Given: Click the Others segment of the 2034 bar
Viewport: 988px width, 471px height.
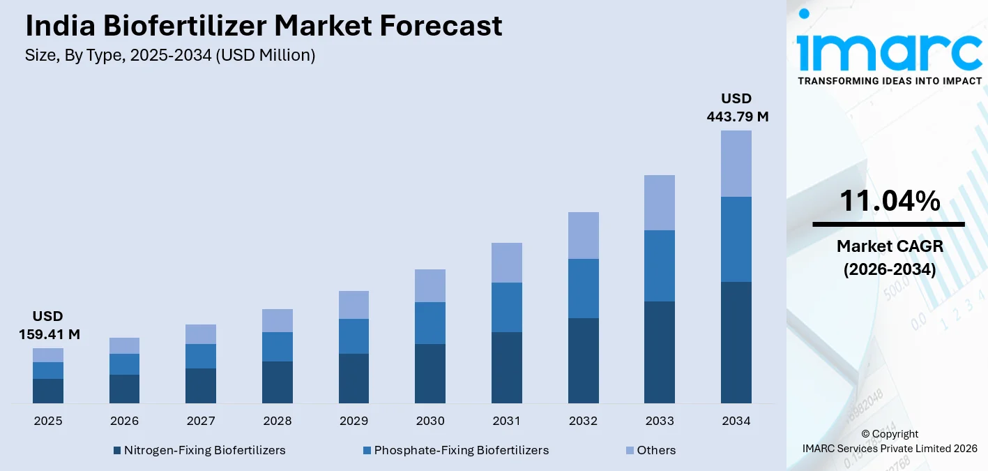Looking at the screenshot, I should coord(736,163).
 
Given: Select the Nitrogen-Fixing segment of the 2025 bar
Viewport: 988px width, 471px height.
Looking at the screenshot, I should coord(48,391).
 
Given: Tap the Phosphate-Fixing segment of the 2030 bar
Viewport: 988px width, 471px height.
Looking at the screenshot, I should coord(430,322).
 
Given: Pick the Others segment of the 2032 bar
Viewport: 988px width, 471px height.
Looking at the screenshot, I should coord(584,235).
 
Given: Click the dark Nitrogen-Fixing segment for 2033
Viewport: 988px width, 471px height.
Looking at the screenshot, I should coord(660,352).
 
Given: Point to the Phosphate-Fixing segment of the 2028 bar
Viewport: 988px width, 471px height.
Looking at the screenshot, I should coord(278,346).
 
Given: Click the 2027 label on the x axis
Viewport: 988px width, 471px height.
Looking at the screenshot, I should coord(201,421).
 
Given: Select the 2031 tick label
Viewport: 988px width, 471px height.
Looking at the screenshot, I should coord(507,421).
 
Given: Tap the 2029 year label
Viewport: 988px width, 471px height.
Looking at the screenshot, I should coord(354,421).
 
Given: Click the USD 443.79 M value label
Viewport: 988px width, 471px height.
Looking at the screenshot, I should coord(737,107).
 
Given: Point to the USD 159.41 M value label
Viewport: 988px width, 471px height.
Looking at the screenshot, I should coord(49,325).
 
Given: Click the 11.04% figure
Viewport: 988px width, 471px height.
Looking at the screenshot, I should coord(889,202).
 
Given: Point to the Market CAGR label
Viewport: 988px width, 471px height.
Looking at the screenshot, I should coord(889,246).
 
